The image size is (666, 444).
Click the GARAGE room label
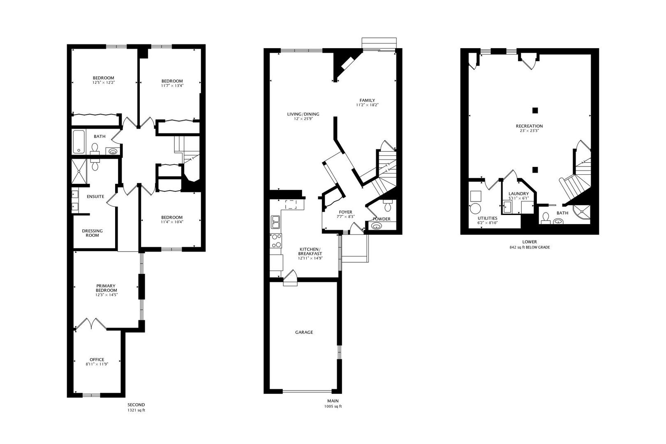[x=304, y=332]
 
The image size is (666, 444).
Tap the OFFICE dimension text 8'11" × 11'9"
[x=97, y=364]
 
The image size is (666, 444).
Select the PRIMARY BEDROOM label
[x=106, y=288]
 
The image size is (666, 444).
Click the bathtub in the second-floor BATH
[x=79, y=142]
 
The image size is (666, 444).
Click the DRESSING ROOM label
[x=92, y=233]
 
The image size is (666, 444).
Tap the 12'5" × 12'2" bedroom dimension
[x=103, y=83]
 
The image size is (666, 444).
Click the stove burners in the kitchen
[x=276, y=241]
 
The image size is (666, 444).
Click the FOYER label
[x=345, y=212]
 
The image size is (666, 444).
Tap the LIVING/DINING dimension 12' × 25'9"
[x=303, y=119]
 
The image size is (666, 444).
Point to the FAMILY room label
[x=367, y=100]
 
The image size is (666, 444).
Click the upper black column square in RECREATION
[x=535, y=110]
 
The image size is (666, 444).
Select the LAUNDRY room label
[x=518, y=194]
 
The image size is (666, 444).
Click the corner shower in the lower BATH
[x=583, y=213]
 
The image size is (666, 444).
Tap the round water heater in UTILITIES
[x=476, y=208]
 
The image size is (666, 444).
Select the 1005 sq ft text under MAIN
[x=333, y=407]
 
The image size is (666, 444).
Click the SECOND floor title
[x=136, y=405]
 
